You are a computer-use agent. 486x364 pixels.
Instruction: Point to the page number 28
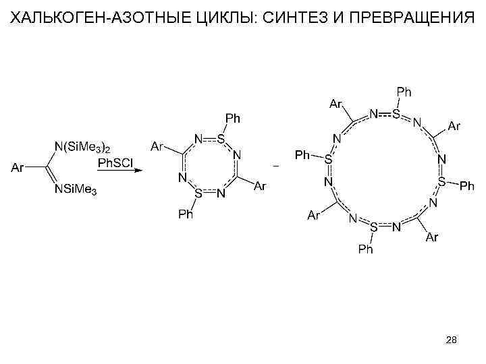click(452, 342)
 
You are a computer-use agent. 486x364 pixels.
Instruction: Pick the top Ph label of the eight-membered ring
click(232, 119)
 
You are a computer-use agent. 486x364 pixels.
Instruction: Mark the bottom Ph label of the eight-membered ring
click(185, 214)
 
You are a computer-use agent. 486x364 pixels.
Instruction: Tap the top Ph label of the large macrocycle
click(404, 91)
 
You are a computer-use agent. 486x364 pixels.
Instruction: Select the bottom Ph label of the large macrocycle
click(365, 249)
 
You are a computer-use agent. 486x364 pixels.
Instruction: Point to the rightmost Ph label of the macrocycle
click(467, 185)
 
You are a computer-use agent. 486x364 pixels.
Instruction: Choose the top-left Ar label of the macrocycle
click(335, 104)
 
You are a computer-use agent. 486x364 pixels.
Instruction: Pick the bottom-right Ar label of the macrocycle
click(433, 237)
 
